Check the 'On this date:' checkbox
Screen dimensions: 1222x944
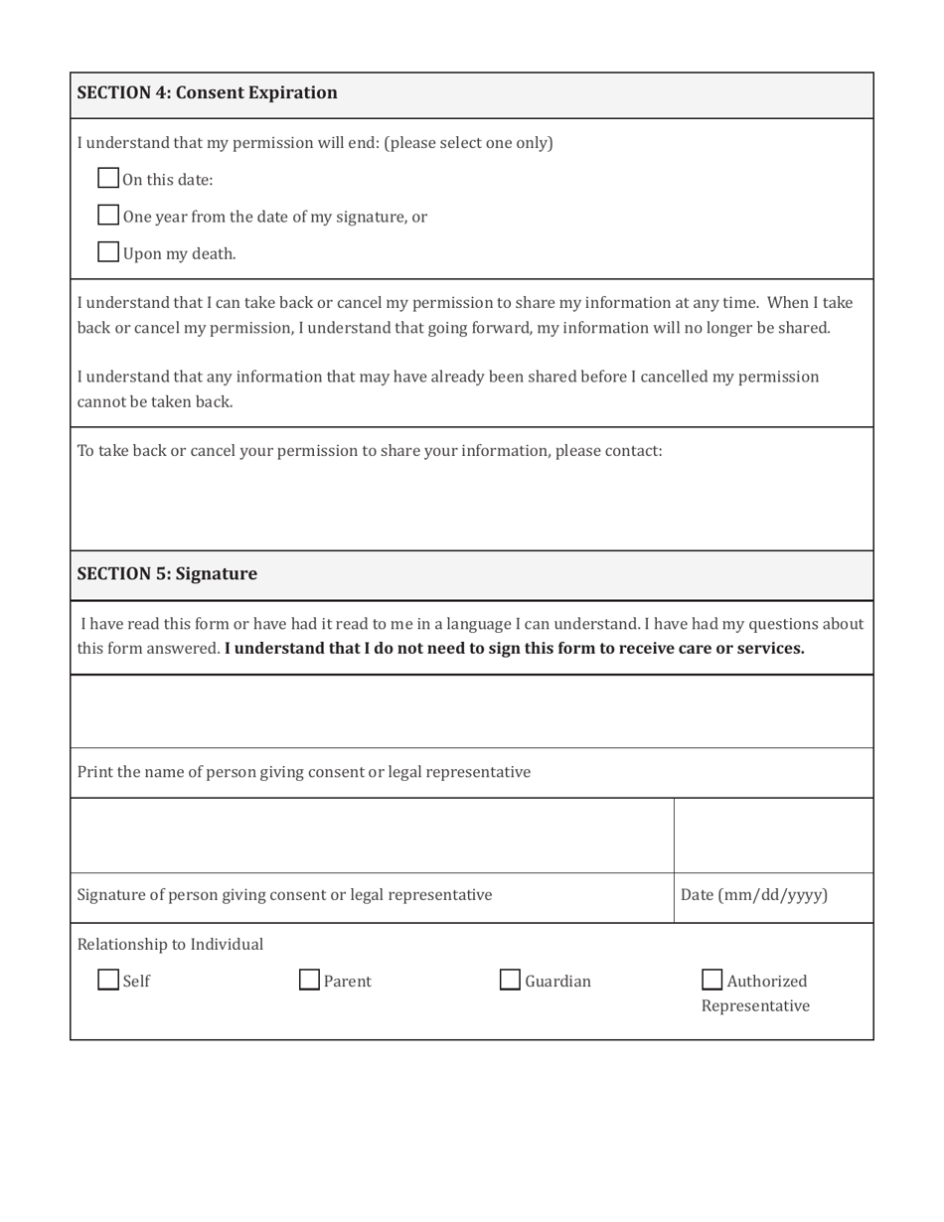[x=108, y=179]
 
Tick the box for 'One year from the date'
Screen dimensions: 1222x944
[x=108, y=216]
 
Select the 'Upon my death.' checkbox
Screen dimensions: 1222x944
[x=108, y=252]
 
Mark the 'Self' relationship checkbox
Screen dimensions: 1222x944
[x=108, y=981]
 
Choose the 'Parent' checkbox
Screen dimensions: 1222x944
[x=310, y=981]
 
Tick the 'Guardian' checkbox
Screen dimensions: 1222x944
[x=510, y=981]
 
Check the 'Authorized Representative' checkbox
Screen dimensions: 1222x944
[x=712, y=981]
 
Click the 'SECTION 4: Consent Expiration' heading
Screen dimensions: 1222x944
[x=207, y=93]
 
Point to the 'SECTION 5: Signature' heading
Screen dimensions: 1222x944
[x=167, y=574]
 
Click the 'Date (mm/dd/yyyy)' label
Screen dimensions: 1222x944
[x=753, y=895]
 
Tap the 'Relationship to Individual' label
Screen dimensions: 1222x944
[x=170, y=944]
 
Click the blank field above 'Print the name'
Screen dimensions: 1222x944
[x=471, y=711]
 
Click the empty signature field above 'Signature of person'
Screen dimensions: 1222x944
[x=372, y=836]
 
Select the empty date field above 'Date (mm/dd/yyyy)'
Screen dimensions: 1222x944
[x=773, y=836]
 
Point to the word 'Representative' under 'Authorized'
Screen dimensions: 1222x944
[x=755, y=1006]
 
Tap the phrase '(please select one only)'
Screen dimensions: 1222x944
[x=468, y=142]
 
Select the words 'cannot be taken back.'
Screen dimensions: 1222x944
[x=155, y=401]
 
